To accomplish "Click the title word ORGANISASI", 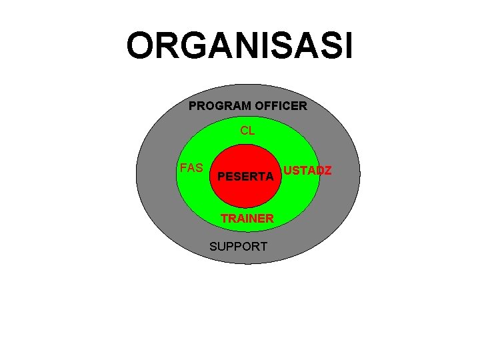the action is [240, 47].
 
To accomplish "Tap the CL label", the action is [247, 131].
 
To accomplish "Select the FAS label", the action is [191, 168].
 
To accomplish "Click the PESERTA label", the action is [245, 177].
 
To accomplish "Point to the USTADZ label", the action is [307, 171].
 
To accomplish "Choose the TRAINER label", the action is [247, 219].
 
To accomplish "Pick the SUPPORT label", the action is [238, 247].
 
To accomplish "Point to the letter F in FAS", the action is [183, 168].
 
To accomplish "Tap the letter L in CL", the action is [251, 131].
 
